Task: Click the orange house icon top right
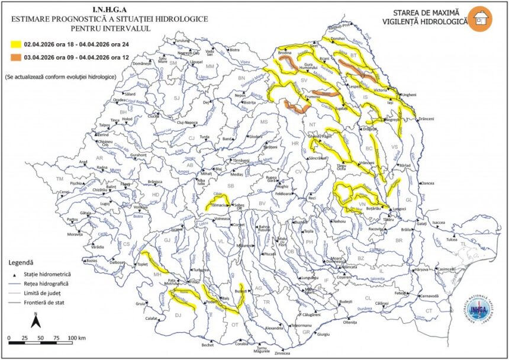(x=479, y=18)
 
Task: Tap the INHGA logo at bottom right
(x=476, y=308)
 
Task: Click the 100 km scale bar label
(x=78, y=338)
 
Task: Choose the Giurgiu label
(x=323, y=335)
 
